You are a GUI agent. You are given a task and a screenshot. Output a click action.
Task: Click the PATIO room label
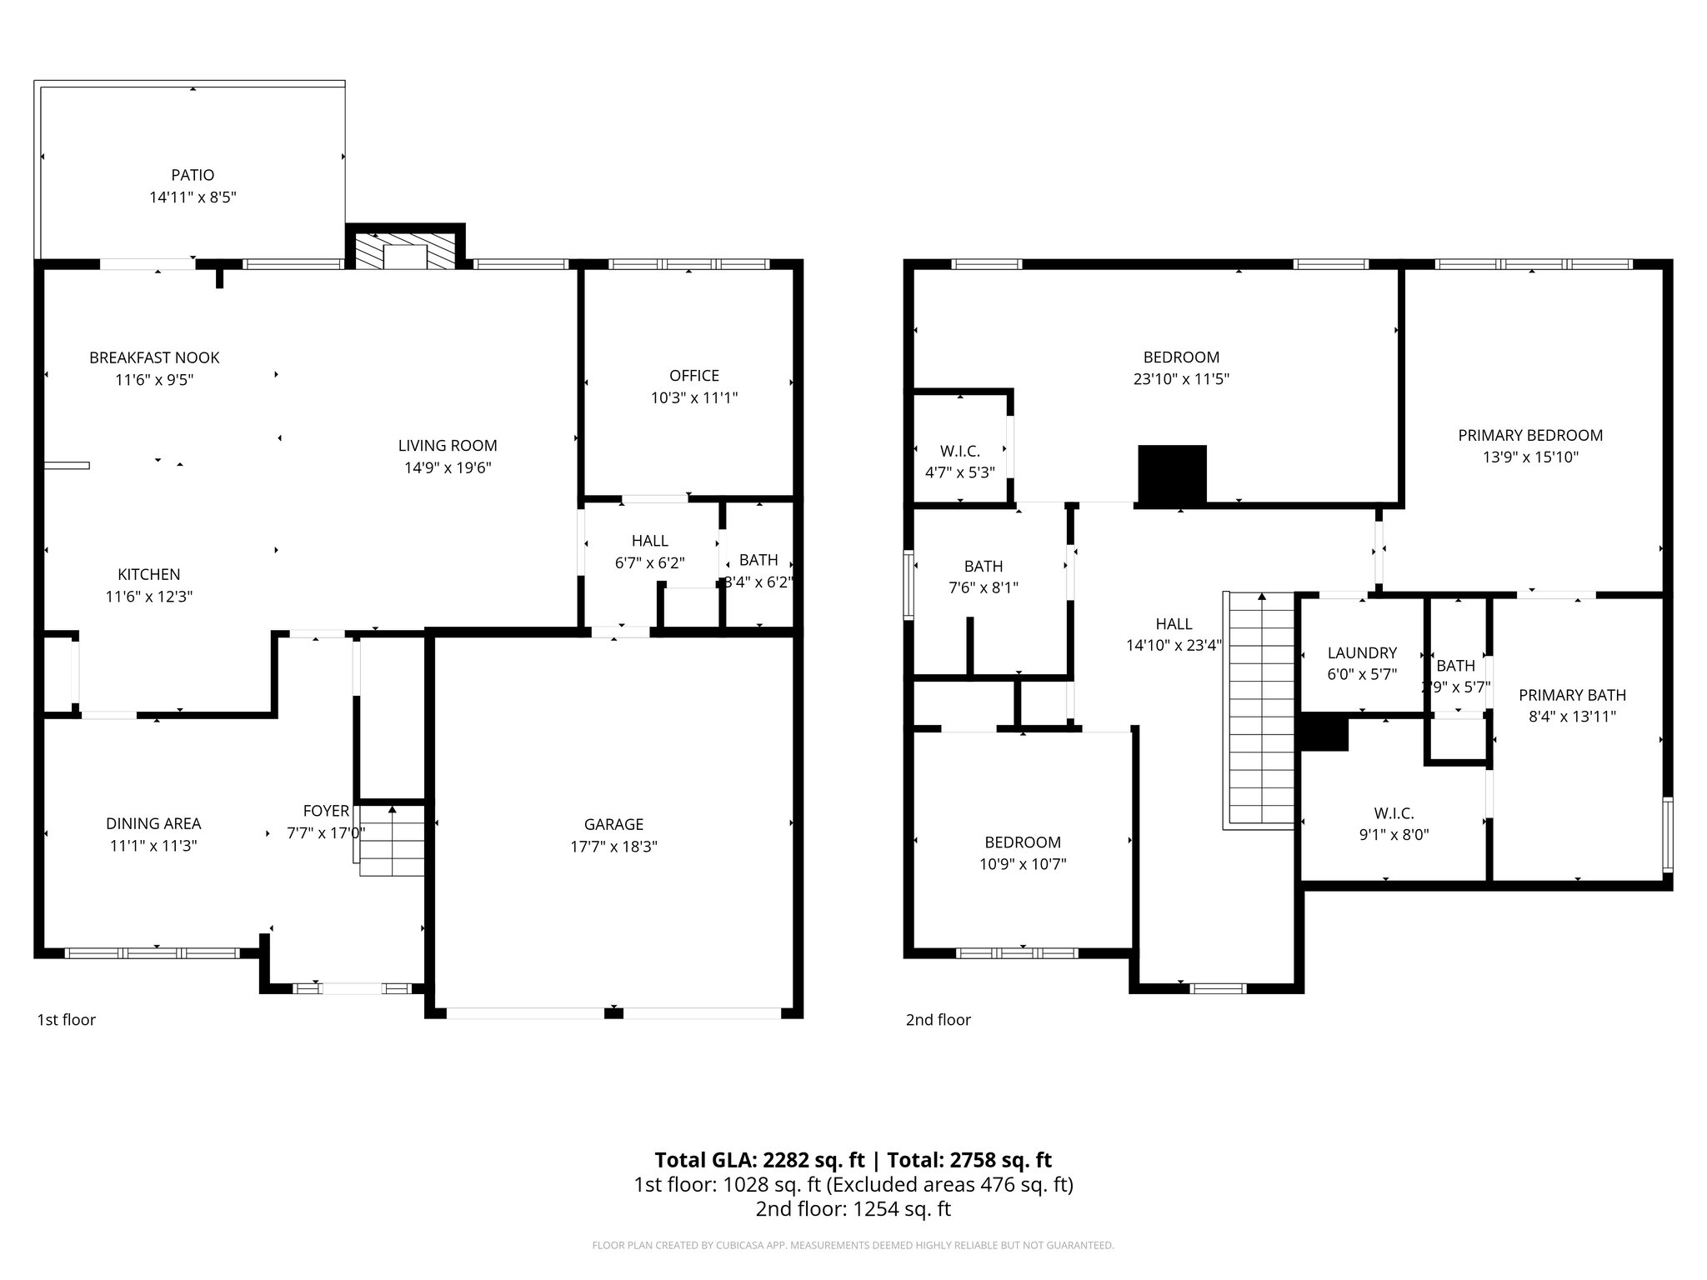tap(193, 175)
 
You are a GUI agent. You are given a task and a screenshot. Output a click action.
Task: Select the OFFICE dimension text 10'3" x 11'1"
tap(693, 398)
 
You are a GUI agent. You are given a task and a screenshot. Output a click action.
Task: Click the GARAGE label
tap(613, 824)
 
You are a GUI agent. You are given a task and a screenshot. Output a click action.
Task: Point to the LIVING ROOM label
tap(448, 446)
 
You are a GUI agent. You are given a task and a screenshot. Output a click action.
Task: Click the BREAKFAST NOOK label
tap(154, 357)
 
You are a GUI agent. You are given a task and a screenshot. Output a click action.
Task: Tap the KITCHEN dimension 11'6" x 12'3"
tap(149, 597)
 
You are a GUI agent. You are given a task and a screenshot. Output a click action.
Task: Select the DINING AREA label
tap(153, 823)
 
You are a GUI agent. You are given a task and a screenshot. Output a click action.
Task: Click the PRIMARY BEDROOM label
tap(1530, 435)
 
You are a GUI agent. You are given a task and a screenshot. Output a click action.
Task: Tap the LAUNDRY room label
tap(1362, 653)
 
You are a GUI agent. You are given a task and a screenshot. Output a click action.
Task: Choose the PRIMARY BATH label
tap(1572, 695)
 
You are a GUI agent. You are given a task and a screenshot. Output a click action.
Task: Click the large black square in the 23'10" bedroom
tap(1172, 475)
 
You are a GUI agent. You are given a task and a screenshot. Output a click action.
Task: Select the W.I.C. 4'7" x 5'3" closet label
tap(960, 451)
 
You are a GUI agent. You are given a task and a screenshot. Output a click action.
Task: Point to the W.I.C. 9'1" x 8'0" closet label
tap(1394, 813)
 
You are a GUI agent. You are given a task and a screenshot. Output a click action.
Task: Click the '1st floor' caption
tap(67, 1020)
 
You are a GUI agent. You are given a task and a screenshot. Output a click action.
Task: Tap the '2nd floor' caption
tap(939, 1020)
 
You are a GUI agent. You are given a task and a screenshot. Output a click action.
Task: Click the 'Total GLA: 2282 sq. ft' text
tap(759, 1160)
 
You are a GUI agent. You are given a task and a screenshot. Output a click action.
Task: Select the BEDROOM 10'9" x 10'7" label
tap(1023, 842)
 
